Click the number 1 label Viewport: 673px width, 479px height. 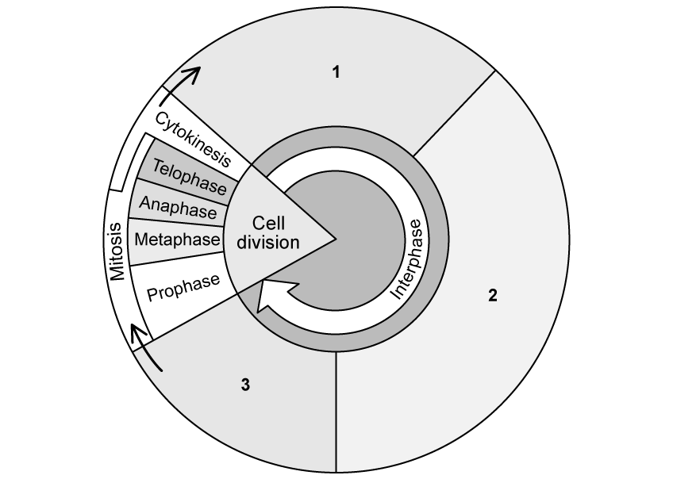336,72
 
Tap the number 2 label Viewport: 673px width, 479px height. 493,297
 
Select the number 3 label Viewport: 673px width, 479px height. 245,385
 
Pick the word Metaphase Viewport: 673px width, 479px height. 177,239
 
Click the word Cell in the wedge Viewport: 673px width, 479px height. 268,223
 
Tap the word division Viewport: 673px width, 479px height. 268,243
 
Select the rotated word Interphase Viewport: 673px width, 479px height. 411,264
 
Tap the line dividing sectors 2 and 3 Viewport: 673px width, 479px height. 337,412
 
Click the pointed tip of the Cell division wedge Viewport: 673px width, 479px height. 336,238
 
